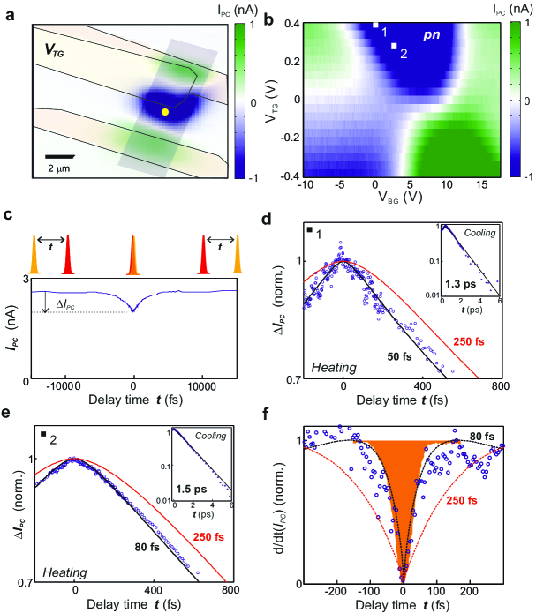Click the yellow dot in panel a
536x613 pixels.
click(165, 112)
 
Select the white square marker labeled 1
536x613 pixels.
click(374, 26)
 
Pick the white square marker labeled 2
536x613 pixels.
click(394, 46)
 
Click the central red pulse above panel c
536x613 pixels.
click(132, 250)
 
